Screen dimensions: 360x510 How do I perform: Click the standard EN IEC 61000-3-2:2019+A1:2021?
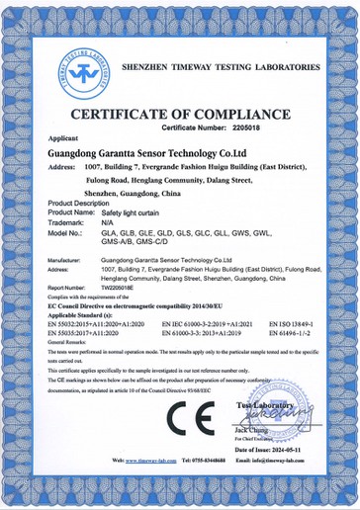tap(208, 323)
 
